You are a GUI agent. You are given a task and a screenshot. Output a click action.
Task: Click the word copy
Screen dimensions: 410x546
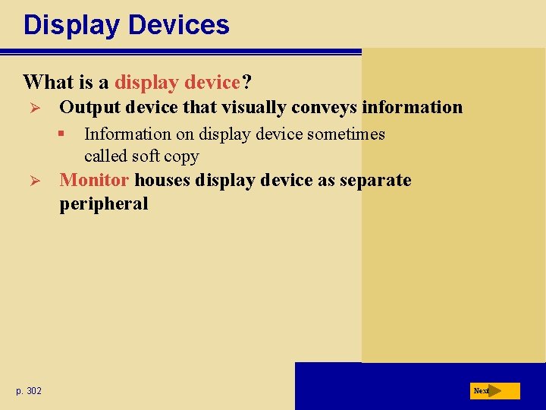[x=183, y=157]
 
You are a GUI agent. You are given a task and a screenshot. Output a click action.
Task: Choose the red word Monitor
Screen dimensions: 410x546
[x=94, y=181]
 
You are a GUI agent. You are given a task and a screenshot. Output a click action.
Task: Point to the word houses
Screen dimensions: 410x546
[x=162, y=181]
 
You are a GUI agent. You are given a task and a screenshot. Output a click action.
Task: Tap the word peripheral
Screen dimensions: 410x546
[x=104, y=203]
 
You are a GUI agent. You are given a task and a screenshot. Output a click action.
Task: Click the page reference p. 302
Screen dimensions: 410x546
[x=29, y=390]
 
